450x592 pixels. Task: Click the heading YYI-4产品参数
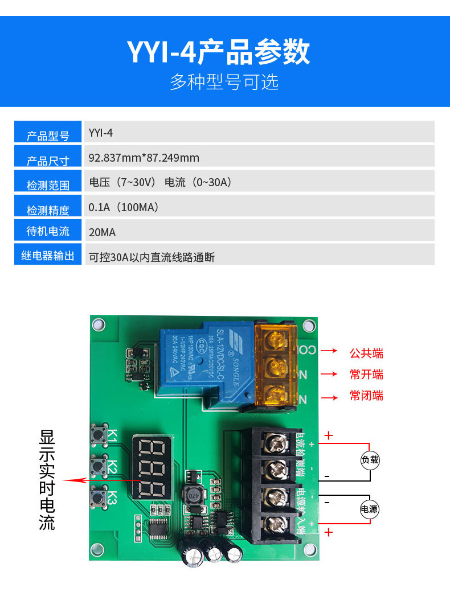tap(219, 52)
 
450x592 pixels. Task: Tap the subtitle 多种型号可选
tap(224, 82)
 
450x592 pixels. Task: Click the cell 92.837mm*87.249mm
tap(144, 158)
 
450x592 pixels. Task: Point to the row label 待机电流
tap(48, 232)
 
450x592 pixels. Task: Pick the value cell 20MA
tap(103, 232)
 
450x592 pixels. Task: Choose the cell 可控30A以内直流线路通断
tap(152, 257)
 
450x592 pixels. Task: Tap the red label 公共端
tap(366, 353)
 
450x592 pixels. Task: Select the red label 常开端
tap(366, 375)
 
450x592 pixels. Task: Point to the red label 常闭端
tap(366, 396)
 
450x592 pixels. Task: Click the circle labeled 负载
tap(370, 460)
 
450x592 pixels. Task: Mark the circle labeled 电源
tap(369, 509)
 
